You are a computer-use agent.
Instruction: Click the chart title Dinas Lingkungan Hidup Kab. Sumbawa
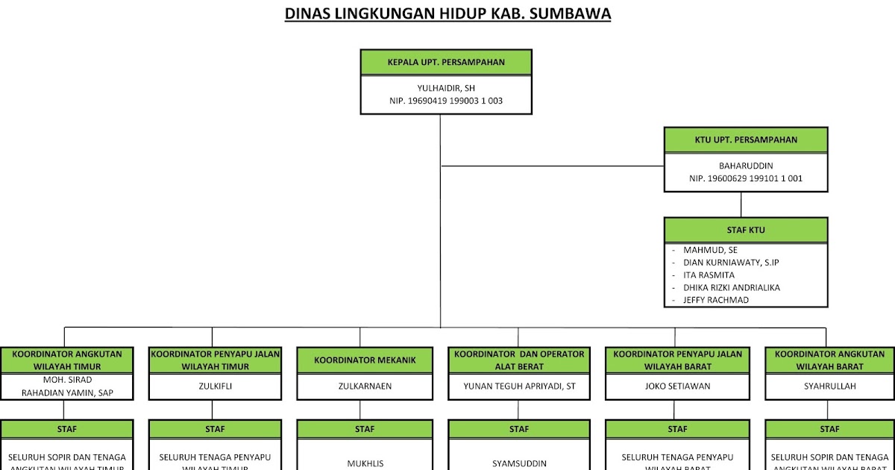point(447,14)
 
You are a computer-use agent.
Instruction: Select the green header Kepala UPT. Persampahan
point(446,63)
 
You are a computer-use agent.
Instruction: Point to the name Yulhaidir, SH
point(446,88)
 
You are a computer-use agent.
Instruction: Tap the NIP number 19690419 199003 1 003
point(446,101)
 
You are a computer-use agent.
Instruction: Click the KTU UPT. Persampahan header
point(745,140)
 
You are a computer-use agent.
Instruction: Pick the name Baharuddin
point(745,166)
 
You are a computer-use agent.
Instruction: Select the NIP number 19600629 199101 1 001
point(745,179)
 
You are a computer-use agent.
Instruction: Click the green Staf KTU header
point(745,230)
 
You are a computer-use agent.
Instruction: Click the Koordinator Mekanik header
point(364,360)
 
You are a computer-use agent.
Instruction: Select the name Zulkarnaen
point(364,386)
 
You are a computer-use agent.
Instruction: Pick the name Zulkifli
point(216,386)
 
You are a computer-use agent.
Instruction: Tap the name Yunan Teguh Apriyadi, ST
point(519,386)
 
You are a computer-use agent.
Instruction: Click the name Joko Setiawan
point(677,386)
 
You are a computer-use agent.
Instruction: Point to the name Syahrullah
point(829,386)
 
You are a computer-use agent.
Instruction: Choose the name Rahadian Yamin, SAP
point(67,392)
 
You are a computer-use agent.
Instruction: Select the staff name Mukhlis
point(365,463)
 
